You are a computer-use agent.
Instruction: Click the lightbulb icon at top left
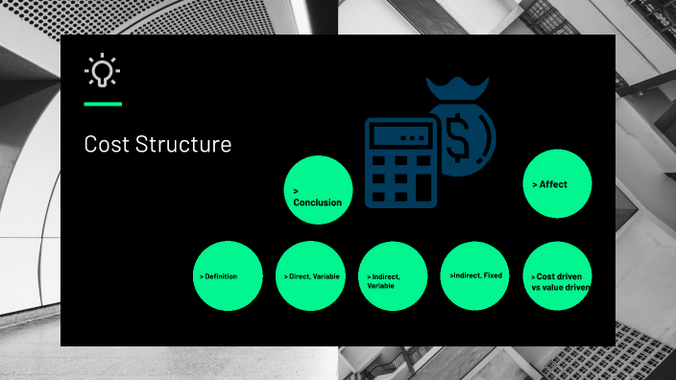102,72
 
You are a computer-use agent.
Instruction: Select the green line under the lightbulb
103,103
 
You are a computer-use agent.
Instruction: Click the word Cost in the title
104,145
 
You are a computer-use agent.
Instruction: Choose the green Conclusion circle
319,190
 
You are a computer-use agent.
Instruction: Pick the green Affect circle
557,183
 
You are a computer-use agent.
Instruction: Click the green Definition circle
228,275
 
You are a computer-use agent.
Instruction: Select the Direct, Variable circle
310,275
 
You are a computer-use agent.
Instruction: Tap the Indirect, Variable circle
393,275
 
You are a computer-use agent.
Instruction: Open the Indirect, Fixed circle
475,275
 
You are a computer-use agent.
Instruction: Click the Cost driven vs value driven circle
558,275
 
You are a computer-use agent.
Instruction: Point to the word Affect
553,183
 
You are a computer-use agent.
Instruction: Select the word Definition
221,276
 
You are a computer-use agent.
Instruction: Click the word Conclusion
317,202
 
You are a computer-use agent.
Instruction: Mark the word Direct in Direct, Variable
298,276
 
